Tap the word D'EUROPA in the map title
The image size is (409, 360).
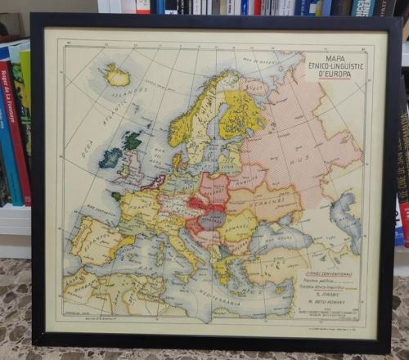324,75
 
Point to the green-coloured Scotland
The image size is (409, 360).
132,140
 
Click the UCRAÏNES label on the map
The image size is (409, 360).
276,197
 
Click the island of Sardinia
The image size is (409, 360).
158,261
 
